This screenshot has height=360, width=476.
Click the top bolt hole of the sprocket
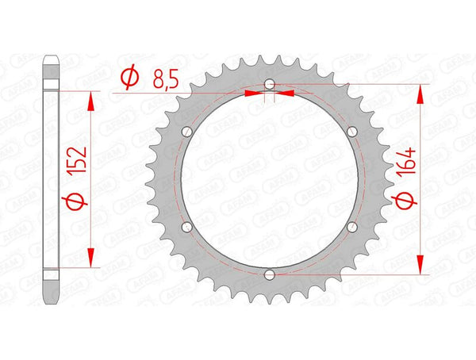pos(270,83)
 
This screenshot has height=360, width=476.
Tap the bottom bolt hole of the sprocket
pos(270,274)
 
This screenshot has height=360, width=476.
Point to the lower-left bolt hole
pos(186,227)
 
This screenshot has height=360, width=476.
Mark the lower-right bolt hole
pos(352,227)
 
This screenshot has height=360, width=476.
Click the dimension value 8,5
pos(164,78)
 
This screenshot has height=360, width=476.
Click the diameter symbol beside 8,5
pos(130,78)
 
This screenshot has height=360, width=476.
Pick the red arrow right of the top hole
pos(286,93)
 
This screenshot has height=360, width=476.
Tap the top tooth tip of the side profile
pos(51,56)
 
